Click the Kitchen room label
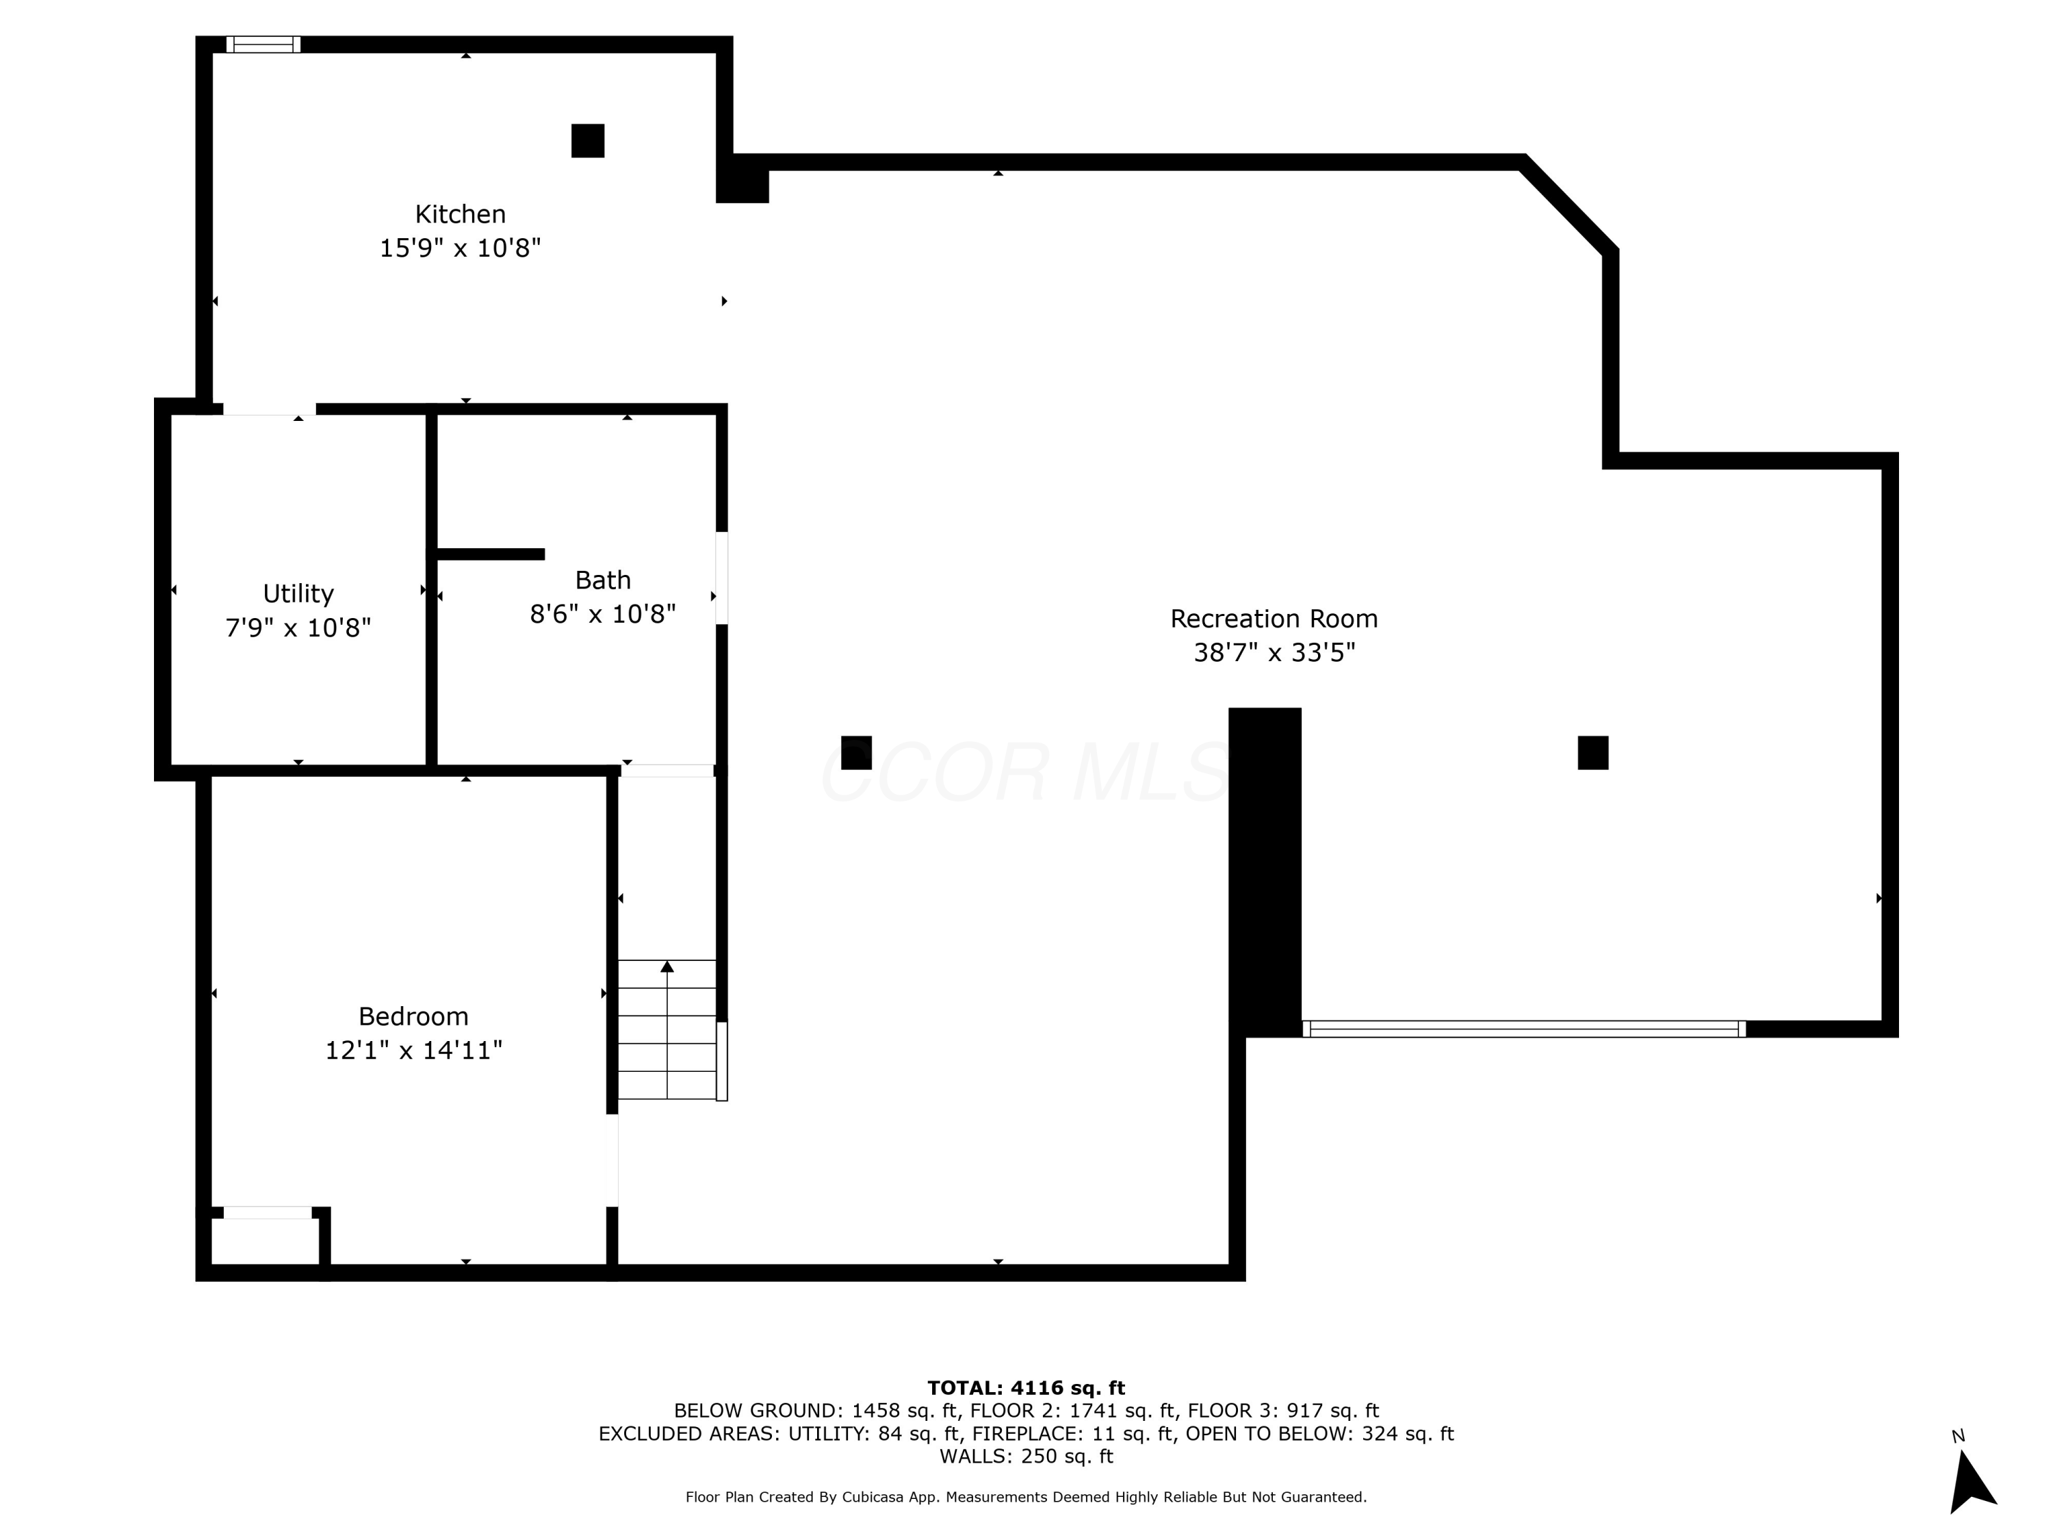click(461, 214)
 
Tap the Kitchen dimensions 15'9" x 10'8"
click(461, 248)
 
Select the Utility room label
click(298, 593)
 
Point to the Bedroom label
click(413, 1016)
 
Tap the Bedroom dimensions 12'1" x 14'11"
click(413, 1051)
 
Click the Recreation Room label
click(1274, 619)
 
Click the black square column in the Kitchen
click(587, 141)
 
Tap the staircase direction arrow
click(667, 967)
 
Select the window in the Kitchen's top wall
click(263, 44)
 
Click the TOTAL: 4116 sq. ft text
click(1026, 1388)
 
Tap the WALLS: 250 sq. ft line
click(1026, 1456)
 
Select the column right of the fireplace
click(1592, 753)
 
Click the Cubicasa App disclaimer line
click(1026, 1498)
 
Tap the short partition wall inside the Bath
click(490, 554)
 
